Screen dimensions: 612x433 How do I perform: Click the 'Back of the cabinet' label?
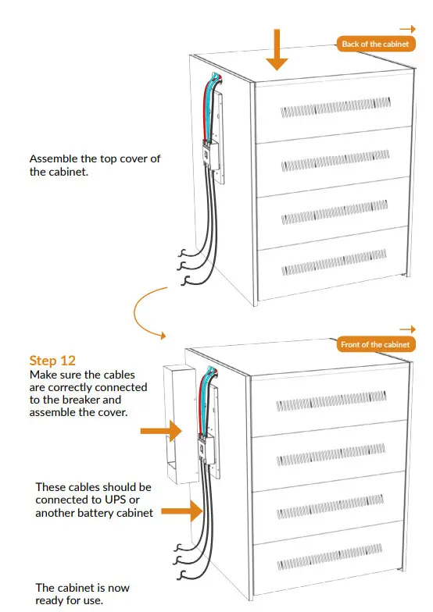click(x=374, y=44)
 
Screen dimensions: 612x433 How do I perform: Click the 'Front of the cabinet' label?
click(x=374, y=344)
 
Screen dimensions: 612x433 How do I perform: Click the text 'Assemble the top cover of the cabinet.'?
click(x=94, y=165)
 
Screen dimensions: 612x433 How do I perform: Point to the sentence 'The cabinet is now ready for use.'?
click(x=82, y=593)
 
